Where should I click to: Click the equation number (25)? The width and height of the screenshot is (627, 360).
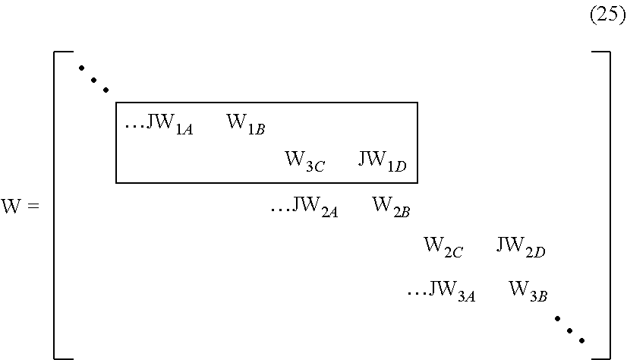607,16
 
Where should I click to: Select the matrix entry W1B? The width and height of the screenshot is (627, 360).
245,125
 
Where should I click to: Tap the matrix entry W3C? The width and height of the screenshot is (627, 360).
304,162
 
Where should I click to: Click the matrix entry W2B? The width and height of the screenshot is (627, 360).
391,207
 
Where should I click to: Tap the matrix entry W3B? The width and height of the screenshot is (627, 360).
528,290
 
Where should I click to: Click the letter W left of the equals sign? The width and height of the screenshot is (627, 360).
12,207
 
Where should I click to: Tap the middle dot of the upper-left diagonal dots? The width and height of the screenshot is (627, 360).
95,79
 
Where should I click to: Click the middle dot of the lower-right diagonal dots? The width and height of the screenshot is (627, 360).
569,330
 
